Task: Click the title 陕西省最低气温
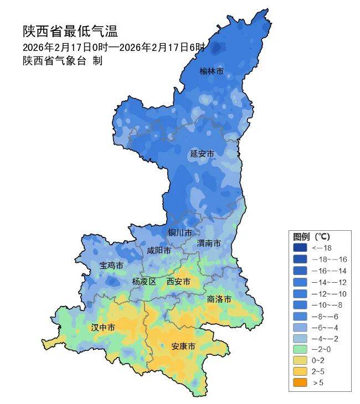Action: [x=70, y=32]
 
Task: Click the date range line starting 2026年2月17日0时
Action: [x=114, y=47]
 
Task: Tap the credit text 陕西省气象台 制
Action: [x=62, y=61]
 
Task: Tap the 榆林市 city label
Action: [x=212, y=71]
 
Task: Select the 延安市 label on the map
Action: [x=202, y=153]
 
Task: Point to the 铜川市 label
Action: [x=180, y=232]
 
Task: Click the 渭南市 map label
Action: [x=209, y=244]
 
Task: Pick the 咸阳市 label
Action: [x=158, y=250]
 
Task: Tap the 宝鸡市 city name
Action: [x=111, y=266]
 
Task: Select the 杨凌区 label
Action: [x=144, y=281]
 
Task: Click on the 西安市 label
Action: [x=178, y=281]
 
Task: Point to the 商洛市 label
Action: [x=219, y=299]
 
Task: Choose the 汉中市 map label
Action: [x=103, y=328]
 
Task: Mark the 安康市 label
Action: [x=183, y=346]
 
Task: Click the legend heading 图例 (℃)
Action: [x=311, y=237]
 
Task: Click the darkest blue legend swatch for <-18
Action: [x=300, y=248]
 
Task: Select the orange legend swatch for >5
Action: [x=300, y=382]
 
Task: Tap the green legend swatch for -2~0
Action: [x=300, y=349]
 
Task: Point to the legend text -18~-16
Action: [x=329, y=259]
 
